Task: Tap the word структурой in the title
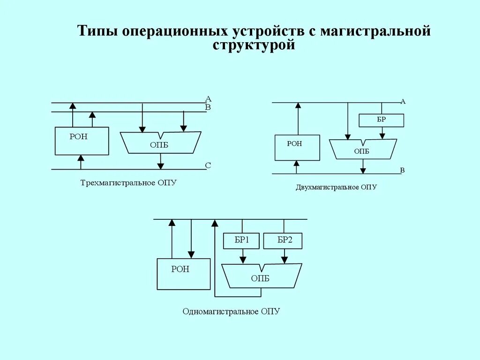(254, 45)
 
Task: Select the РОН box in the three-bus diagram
(82, 141)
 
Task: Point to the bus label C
(208, 165)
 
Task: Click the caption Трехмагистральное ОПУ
(128, 182)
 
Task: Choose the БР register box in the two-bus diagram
(381, 120)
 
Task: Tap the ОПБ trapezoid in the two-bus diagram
(363, 150)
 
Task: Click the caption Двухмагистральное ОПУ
(336, 187)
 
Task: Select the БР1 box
(242, 241)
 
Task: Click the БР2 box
(283, 241)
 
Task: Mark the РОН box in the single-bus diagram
(183, 274)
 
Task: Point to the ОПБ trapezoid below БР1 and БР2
(261, 277)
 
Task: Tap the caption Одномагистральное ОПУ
(231, 311)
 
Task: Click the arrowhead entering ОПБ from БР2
(284, 259)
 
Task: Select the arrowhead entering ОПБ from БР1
(243, 259)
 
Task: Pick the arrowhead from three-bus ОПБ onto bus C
(161, 165)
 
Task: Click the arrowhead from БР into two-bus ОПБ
(382, 135)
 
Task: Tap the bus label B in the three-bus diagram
(208, 107)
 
